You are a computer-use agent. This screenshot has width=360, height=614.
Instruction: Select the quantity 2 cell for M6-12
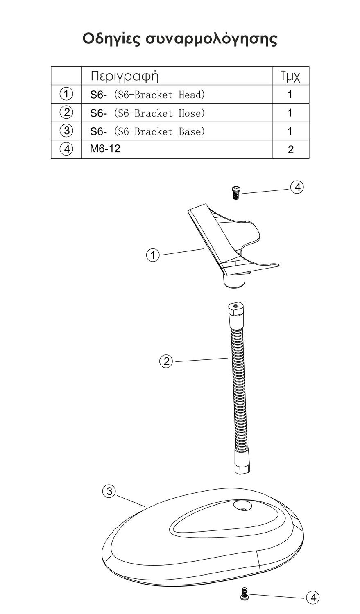click(x=291, y=149)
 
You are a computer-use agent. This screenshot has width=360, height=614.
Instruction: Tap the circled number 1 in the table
click(x=66, y=94)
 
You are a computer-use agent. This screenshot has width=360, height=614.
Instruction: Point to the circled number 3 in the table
click(x=66, y=131)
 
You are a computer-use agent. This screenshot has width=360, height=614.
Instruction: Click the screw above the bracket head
click(x=235, y=193)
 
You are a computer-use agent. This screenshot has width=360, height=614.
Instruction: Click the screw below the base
click(x=244, y=594)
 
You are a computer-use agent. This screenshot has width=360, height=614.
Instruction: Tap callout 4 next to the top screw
click(x=297, y=187)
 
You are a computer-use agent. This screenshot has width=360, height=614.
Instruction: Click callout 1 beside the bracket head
click(x=153, y=255)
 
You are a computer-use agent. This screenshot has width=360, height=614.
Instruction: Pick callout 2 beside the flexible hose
click(x=166, y=361)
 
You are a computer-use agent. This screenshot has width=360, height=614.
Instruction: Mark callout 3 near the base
click(x=109, y=491)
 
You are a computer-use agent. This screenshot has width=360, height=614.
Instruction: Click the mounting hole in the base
click(x=242, y=506)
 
